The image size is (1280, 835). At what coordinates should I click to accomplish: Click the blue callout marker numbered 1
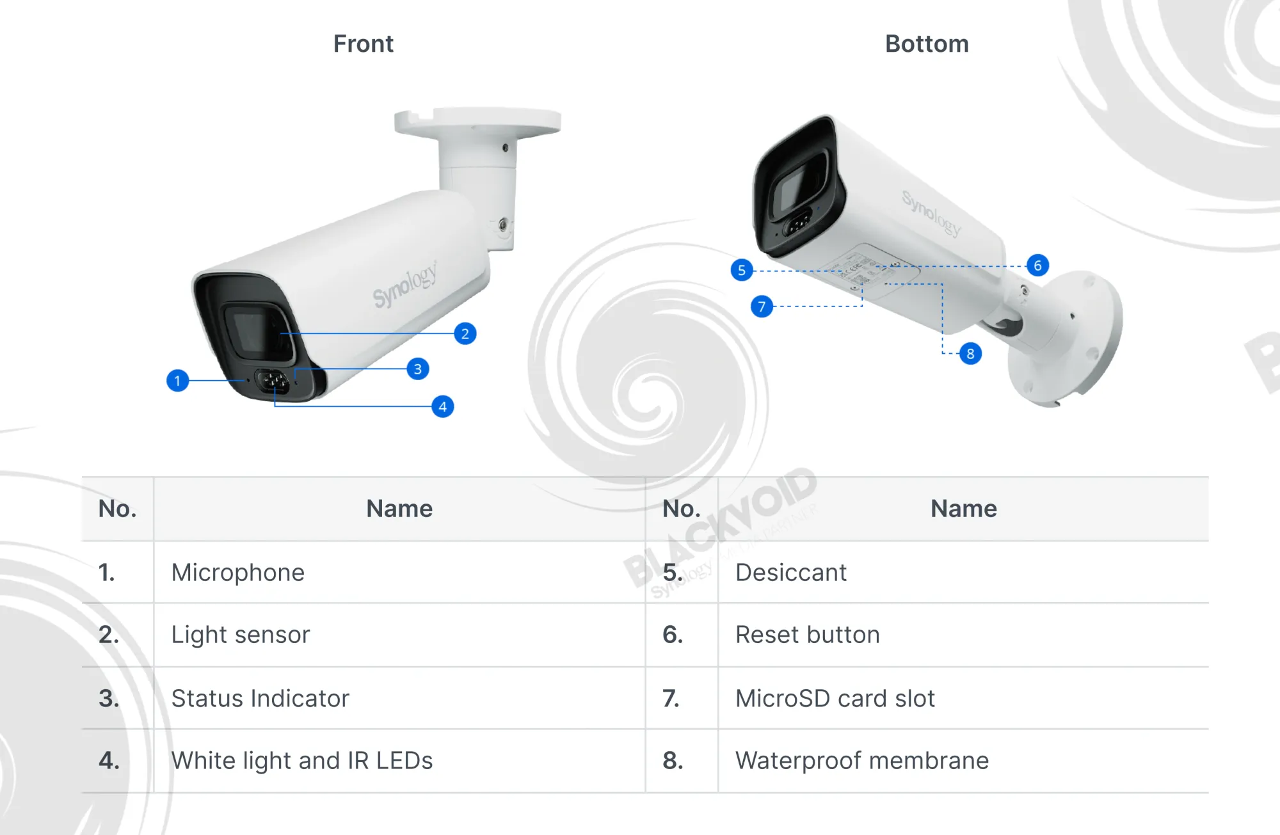coord(177,381)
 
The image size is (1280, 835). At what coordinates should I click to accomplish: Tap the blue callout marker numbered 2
coord(465,333)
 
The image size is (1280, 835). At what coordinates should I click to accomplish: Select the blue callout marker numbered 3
coord(418,369)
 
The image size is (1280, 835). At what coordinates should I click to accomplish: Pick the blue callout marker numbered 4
coord(443,406)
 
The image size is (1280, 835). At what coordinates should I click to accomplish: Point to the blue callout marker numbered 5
coord(742,270)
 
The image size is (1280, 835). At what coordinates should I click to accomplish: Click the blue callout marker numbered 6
coord(1037,266)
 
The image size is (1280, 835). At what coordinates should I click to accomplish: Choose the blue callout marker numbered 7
coord(762,306)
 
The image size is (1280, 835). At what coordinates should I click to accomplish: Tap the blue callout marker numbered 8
coord(970,353)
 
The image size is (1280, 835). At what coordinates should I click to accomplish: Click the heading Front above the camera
coord(363,44)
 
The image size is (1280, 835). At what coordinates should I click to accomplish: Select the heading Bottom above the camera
coord(927,44)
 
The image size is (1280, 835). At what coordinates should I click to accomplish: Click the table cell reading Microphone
coord(238,573)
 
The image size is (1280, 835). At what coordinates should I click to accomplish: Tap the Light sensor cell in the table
coord(241,635)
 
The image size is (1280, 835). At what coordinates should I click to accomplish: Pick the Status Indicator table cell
coord(260,698)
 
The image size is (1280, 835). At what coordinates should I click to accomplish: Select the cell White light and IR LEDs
coord(302,761)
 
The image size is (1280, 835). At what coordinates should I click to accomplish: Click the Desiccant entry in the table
coord(791,573)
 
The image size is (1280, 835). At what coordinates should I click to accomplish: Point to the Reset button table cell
coord(808,635)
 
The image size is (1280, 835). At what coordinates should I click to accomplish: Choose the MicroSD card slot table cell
coord(835,698)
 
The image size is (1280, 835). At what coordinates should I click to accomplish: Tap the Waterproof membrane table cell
coord(862,761)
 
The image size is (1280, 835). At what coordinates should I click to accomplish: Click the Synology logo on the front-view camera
coord(405,285)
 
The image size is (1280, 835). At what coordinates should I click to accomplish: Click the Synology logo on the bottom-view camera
coord(932,214)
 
